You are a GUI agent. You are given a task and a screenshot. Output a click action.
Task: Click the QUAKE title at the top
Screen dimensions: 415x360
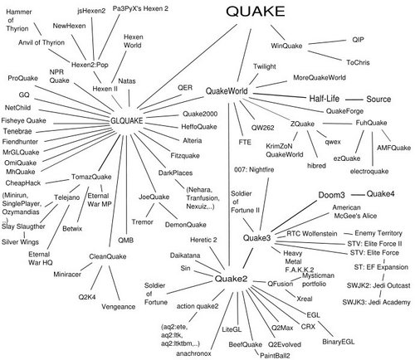pyautogui.click(x=256, y=12)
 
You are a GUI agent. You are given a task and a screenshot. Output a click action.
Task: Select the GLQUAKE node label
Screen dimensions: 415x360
pyautogui.click(x=127, y=121)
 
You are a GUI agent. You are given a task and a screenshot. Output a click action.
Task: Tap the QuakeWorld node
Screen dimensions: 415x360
pyautogui.click(x=227, y=91)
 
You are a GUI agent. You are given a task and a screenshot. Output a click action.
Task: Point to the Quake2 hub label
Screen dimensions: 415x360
pyautogui.click(x=231, y=279)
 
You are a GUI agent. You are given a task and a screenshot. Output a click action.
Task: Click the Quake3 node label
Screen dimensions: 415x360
pyautogui.click(x=256, y=238)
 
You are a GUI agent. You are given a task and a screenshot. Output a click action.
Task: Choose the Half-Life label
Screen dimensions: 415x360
pyautogui.click(x=324, y=99)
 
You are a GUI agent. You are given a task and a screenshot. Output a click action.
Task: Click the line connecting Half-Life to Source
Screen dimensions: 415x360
pyautogui.click(x=354, y=100)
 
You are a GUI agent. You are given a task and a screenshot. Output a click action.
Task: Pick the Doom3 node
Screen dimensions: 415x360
pyautogui.click(x=331, y=195)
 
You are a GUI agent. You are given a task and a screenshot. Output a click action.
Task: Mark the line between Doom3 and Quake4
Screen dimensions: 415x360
pyautogui.click(x=358, y=195)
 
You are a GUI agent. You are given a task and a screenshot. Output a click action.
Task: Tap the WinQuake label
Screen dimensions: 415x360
pyautogui.click(x=286, y=46)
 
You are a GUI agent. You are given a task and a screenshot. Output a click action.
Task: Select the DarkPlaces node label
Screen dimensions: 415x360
pyautogui.click(x=175, y=173)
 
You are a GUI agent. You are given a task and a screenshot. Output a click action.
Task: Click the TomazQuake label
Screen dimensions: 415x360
pyautogui.click(x=91, y=177)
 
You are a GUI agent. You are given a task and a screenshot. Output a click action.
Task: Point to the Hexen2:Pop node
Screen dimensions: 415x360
pyautogui.click(x=90, y=65)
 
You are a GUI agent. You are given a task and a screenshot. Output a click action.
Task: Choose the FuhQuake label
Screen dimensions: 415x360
pyautogui.click(x=371, y=123)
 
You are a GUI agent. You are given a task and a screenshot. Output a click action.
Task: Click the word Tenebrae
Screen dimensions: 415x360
pyautogui.click(x=17, y=131)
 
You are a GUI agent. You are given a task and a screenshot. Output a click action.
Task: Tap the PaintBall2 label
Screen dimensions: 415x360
pyautogui.click(x=275, y=355)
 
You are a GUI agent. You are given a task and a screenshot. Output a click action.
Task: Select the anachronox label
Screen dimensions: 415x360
pyautogui.click(x=193, y=353)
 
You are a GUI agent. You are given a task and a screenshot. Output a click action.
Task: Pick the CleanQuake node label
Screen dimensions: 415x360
pyautogui.click(x=108, y=256)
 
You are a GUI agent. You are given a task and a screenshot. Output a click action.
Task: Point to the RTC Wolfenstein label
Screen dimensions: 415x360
pyautogui.click(x=312, y=234)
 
